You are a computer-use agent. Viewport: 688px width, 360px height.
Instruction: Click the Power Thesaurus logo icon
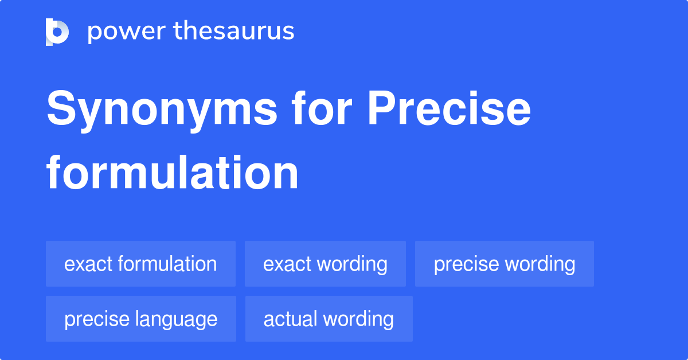point(57,32)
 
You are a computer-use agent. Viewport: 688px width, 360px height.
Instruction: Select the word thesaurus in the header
point(234,32)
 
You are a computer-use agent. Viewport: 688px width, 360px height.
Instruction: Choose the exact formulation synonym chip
point(140,264)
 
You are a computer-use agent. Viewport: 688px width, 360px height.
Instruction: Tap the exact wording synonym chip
point(325,264)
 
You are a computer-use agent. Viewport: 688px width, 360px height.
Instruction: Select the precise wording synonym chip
point(505,264)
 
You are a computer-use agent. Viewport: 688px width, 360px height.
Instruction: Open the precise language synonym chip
point(140,319)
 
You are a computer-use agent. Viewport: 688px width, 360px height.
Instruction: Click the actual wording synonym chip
point(329,319)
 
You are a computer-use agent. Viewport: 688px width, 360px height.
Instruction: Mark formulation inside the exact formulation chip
point(167,264)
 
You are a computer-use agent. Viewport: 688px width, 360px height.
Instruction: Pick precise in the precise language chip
point(92,319)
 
